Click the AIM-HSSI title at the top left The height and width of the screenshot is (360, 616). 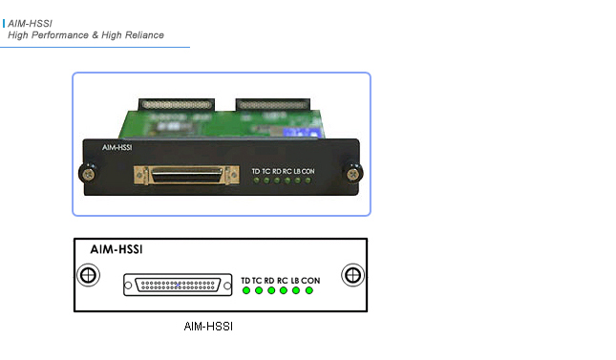[30, 22]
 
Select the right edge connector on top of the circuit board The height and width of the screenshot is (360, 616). [274, 100]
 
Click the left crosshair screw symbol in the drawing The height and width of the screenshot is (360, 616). [87, 276]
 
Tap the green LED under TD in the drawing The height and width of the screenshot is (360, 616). [246, 290]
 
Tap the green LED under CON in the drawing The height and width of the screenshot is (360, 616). [308, 290]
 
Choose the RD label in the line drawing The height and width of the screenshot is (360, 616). [270, 280]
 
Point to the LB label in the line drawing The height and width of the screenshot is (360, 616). [295, 280]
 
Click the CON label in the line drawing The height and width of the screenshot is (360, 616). [312, 280]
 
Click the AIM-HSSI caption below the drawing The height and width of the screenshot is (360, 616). [208, 327]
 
